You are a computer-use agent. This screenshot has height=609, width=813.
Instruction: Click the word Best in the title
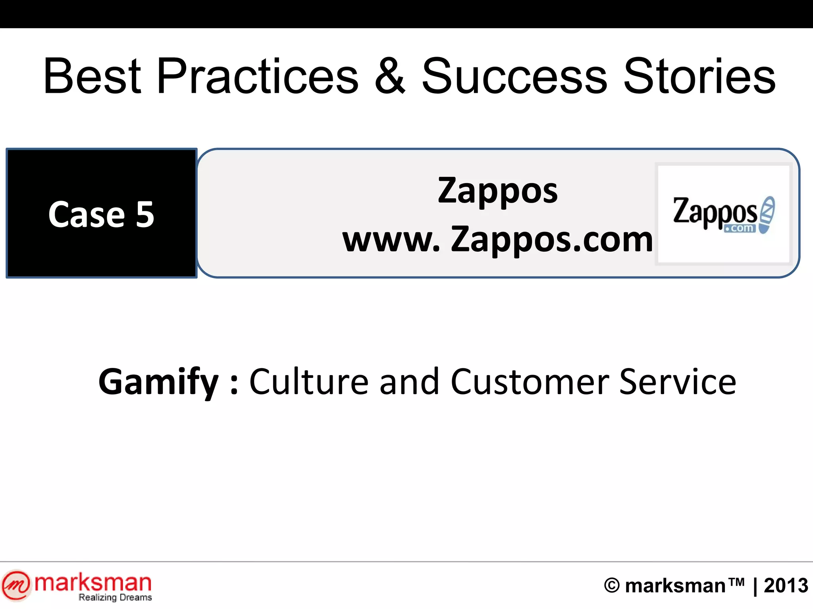point(92,76)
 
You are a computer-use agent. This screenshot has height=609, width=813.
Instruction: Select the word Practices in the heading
point(258,76)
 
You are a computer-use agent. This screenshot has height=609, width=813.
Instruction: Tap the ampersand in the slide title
point(390,76)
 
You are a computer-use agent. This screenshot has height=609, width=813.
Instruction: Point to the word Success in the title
point(514,76)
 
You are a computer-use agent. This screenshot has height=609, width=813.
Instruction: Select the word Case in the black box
point(87,214)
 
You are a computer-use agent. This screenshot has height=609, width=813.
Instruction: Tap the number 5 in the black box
point(145,214)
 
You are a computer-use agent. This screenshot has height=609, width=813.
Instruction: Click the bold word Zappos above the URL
point(498,191)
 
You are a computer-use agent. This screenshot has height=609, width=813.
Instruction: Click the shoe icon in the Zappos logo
point(767,214)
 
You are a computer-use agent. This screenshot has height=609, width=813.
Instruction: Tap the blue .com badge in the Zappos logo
point(740,228)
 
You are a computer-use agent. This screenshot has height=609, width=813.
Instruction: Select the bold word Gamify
point(158,382)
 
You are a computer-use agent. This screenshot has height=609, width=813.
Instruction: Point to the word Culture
point(309,382)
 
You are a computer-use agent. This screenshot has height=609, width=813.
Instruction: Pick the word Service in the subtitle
point(678,382)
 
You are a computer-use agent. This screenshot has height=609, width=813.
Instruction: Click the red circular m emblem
point(15,585)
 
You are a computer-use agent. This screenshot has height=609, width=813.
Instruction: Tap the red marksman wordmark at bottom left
point(93,583)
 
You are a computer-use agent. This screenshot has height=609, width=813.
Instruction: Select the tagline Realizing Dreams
point(115,598)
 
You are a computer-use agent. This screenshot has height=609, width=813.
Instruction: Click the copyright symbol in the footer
point(612,586)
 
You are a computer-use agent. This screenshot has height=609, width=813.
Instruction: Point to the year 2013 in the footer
point(786,586)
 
